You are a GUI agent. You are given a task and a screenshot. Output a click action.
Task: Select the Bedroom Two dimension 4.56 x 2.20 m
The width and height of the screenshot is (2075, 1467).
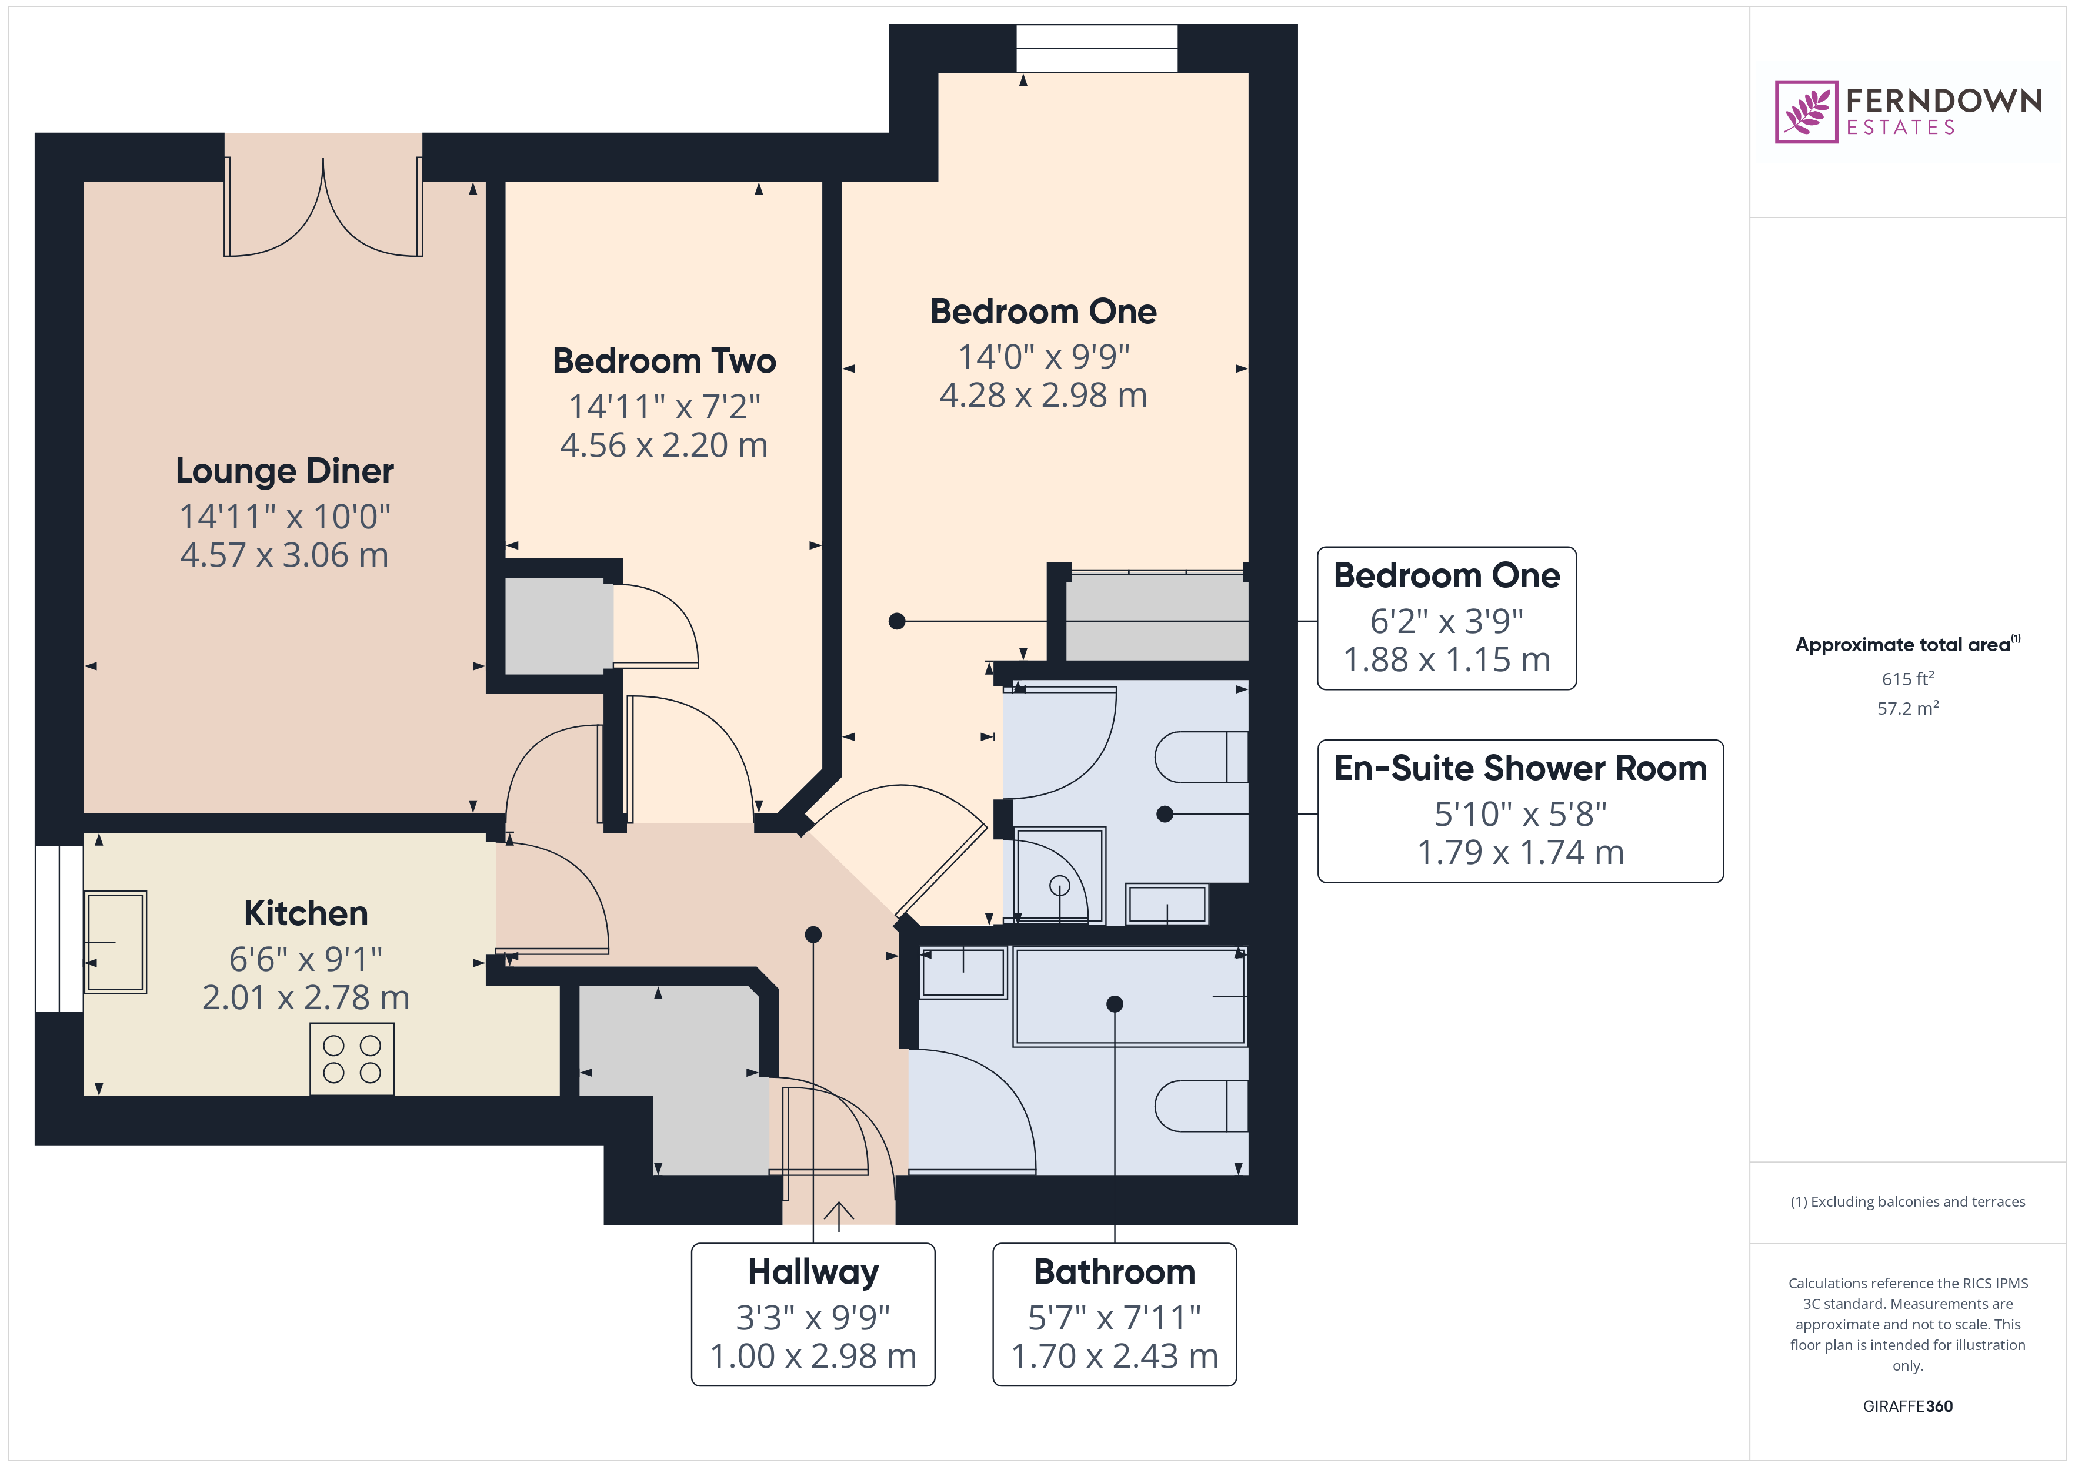663,446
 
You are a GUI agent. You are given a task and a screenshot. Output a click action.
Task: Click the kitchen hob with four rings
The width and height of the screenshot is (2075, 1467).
352,1059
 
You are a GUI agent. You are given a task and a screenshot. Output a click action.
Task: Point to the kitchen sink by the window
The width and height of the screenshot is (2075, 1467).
115,942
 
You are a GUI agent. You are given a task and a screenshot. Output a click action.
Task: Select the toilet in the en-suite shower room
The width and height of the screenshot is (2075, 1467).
1200,757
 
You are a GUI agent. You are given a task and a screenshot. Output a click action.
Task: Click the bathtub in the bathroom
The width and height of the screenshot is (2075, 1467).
1130,996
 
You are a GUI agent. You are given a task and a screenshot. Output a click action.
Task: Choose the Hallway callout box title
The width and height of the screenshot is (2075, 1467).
812,1272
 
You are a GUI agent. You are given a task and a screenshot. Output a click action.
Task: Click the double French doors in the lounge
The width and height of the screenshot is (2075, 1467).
323,207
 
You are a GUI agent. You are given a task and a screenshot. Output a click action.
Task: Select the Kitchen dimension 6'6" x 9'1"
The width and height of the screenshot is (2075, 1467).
305,959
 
